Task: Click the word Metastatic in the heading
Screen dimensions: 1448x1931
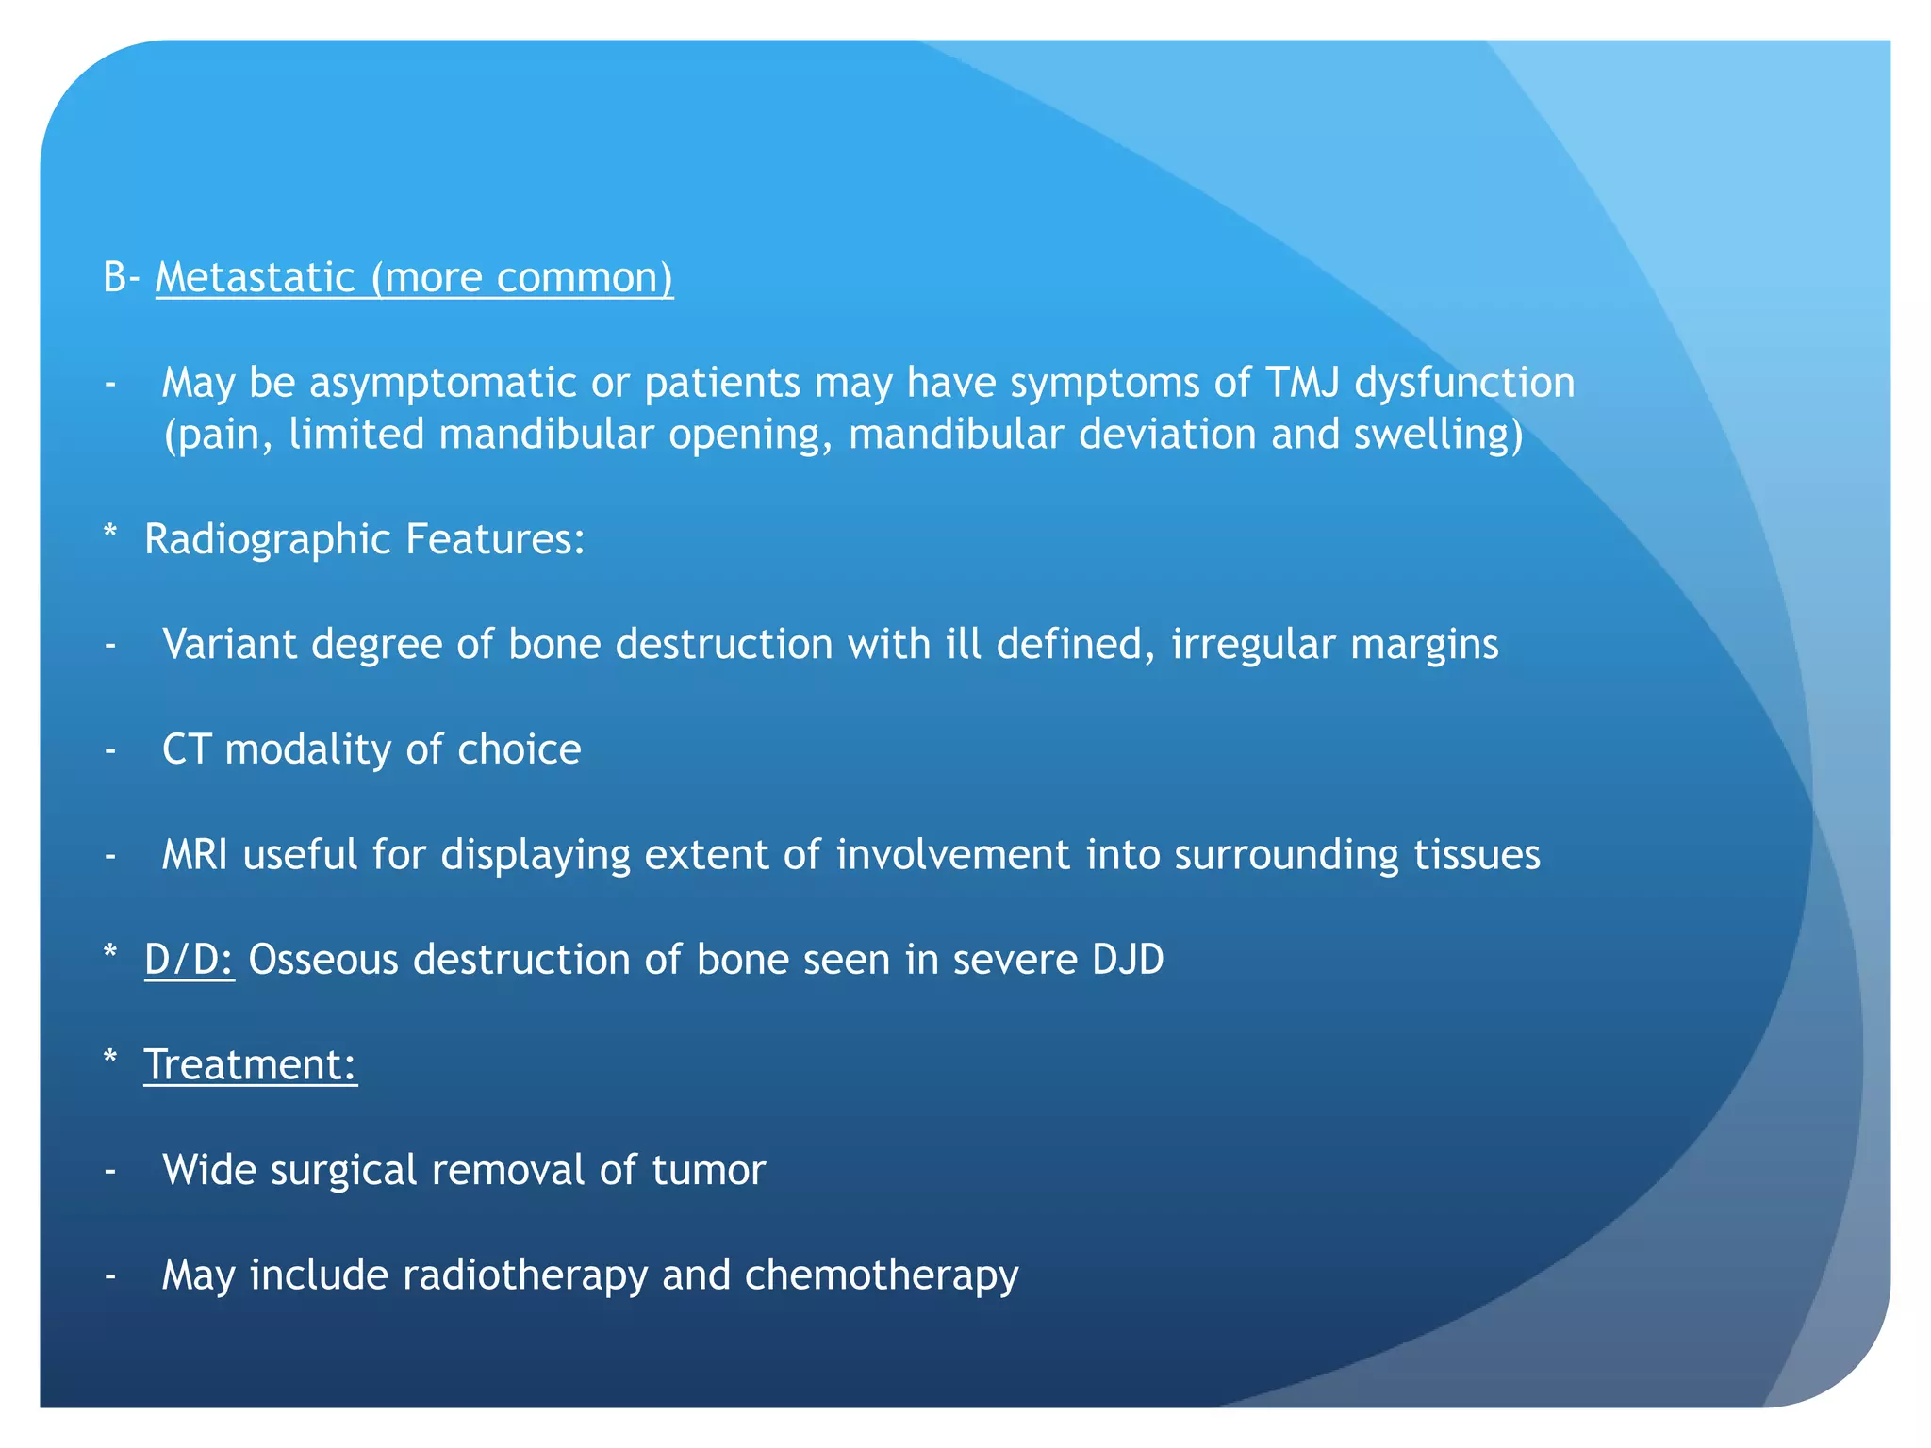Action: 255,277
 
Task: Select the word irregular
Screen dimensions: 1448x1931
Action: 1252,646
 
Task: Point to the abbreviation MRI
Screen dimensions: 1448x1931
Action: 194,854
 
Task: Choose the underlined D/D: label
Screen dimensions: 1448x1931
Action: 189,960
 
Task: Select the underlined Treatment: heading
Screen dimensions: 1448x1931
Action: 250,1065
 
